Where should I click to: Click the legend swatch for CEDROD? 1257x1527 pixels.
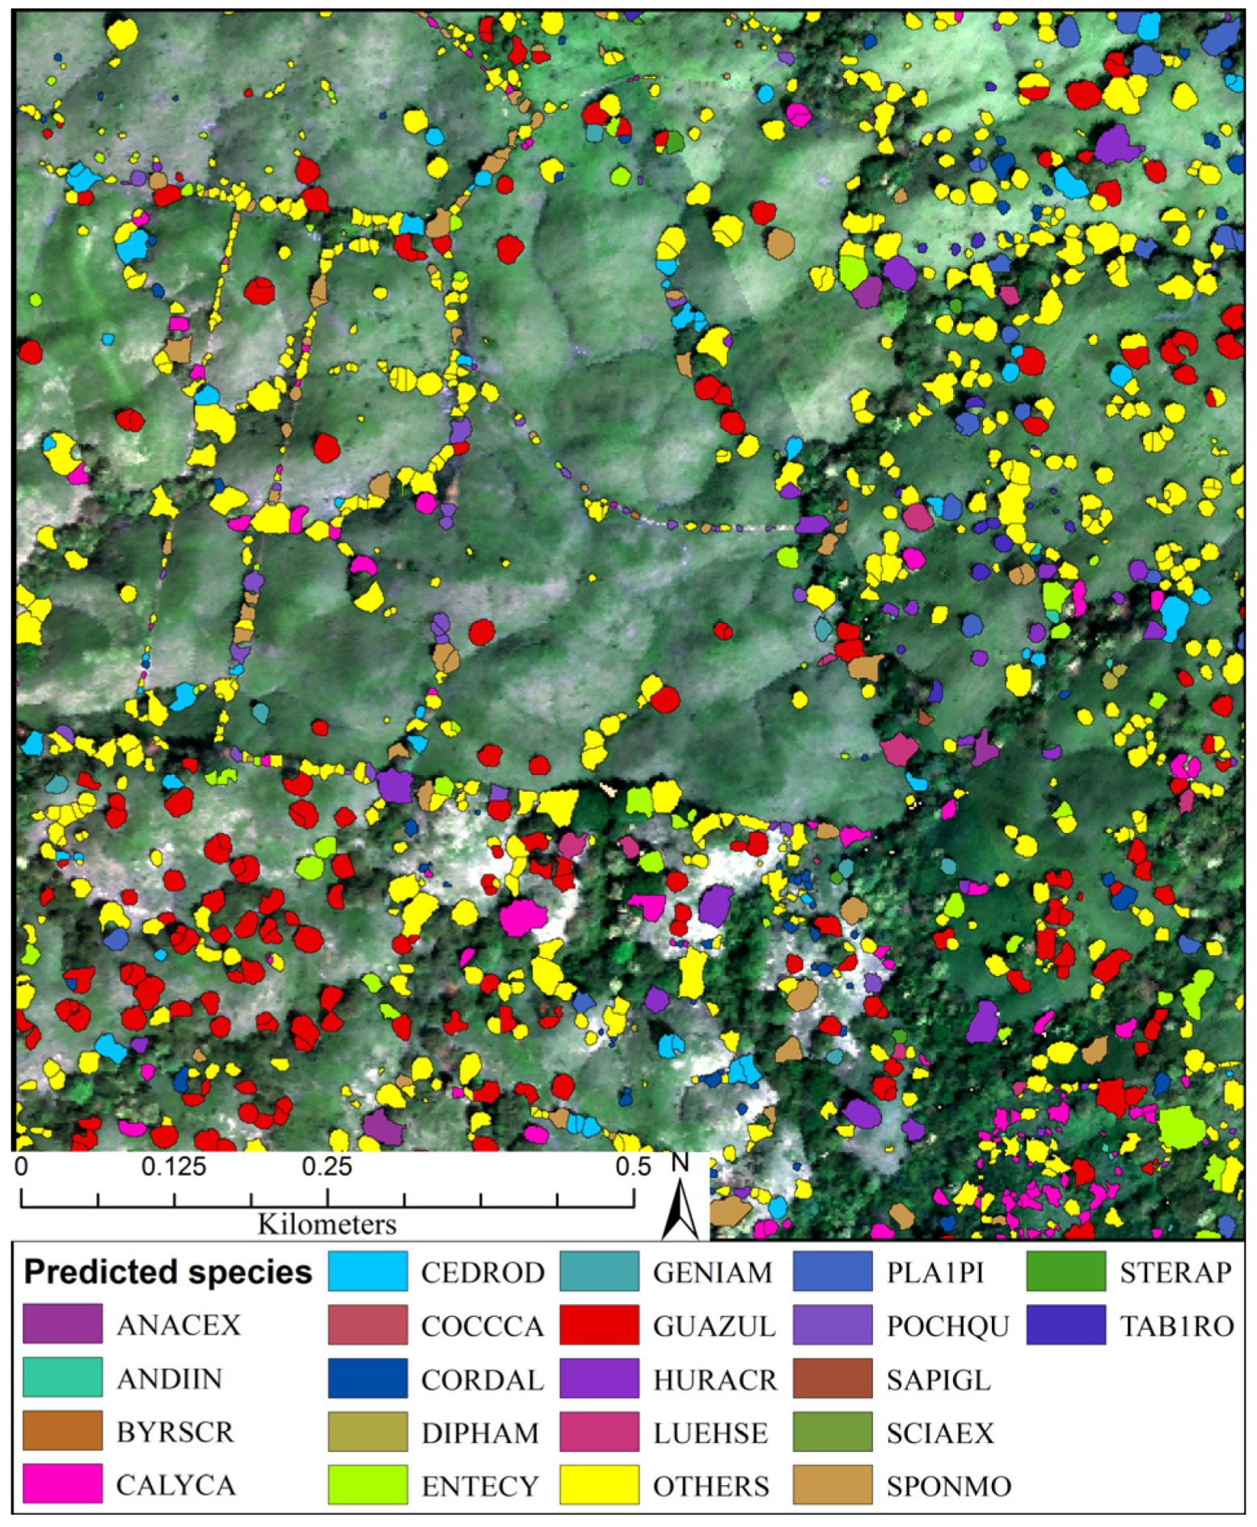368,1272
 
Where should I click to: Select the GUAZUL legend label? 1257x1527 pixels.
715,1326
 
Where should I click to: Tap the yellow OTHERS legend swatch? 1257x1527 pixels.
599,1486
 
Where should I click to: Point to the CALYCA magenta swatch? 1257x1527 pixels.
62,1484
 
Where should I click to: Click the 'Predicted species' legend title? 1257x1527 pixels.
168,1272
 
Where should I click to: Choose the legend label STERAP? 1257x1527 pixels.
1175,1272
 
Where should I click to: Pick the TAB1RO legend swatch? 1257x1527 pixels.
1066,1325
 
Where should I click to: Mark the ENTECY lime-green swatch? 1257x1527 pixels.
368,1486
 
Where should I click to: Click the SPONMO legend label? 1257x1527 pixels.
948,1486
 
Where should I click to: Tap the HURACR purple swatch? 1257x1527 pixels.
599,1379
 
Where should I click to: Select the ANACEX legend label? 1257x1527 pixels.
179,1325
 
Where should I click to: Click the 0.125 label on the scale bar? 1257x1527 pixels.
174,1167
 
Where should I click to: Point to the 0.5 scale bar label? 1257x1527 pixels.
633,1167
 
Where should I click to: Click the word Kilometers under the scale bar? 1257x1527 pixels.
327,1223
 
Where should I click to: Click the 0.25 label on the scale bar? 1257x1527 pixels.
327,1167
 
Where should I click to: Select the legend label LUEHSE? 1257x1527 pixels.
710,1432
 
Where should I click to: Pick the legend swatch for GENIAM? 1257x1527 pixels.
599,1272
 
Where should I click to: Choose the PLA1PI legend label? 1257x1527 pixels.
935,1272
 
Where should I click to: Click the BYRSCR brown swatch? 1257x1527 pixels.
62,1431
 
